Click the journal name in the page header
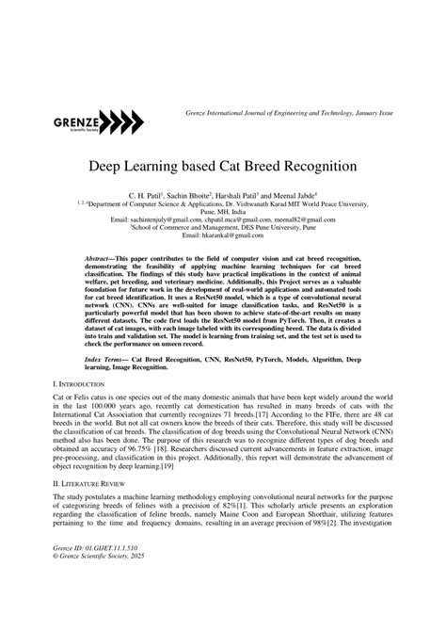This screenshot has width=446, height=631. [286, 113]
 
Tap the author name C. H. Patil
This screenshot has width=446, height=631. [146, 193]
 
